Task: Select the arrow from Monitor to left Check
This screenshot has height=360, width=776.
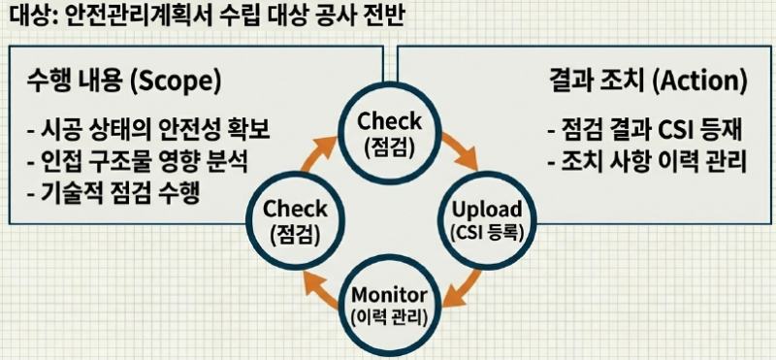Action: pyautogui.click(x=318, y=291)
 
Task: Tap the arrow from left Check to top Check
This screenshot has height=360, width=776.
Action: pyautogui.click(x=317, y=147)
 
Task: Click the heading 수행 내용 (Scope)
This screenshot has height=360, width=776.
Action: pyautogui.click(x=123, y=82)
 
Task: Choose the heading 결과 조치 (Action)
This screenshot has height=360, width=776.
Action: pyautogui.click(x=648, y=82)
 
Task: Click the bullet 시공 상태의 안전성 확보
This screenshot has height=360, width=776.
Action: pyautogui.click(x=148, y=131)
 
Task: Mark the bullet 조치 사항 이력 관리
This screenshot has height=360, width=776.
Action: pyautogui.click(x=647, y=162)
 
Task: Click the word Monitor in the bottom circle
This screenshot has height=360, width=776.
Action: pyautogui.click(x=389, y=295)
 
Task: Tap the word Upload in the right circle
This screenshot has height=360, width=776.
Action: pyautogui.click(x=488, y=210)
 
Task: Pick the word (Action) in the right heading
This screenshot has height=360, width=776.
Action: pyautogui.click(x=699, y=82)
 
